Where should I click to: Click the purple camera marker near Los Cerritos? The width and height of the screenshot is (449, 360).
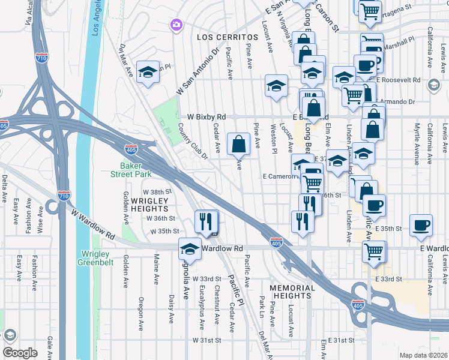176,25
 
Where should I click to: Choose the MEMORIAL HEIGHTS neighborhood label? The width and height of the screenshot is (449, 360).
292,292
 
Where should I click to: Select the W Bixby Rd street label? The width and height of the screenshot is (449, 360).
206,116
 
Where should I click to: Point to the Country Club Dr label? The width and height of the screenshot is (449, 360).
192,142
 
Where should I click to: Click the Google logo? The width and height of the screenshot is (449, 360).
20,353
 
